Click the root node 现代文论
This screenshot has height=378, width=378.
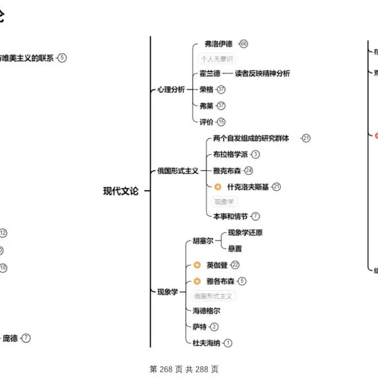(121, 192)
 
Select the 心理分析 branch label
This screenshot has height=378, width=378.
(171, 90)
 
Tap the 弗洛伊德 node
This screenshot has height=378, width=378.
(219, 44)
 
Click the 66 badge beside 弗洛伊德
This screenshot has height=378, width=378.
(244, 44)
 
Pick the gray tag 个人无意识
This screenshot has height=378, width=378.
(217, 59)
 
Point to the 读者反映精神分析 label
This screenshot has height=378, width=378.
(262, 73)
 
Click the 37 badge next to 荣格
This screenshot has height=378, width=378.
(221, 90)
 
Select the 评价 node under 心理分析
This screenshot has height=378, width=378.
(207, 122)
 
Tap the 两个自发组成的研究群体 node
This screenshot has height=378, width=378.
(251, 138)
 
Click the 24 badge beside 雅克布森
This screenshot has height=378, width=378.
(249, 170)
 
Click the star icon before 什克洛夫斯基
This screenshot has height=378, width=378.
(217, 186)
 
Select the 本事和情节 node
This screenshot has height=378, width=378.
(230, 217)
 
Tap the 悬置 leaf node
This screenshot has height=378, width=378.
(235, 249)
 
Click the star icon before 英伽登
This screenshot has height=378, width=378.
(197, 265)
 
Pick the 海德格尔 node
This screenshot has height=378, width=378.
(207, 310)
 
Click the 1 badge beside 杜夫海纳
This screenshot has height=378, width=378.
(228, 343)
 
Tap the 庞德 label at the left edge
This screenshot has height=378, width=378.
(10, 338)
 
